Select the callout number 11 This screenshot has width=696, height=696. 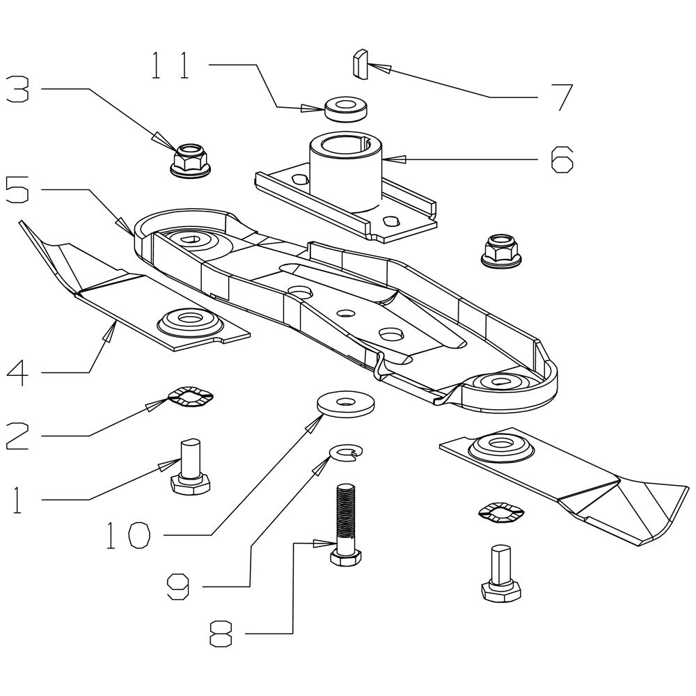(x=171, y=65)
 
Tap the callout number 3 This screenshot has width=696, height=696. (x=17, y=89)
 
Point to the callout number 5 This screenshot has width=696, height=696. (x=17, y=189)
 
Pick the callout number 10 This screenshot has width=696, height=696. (x=129, y=535)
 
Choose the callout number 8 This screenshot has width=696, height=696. (x=221, y=633)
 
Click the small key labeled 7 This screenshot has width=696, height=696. (x=361, y=64)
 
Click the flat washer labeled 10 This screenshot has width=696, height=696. (x=345, y=404)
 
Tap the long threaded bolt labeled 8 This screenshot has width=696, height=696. (x=346, y=525)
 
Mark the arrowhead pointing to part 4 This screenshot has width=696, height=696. (x=109, y=332)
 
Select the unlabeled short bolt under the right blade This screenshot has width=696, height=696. (x=501, y=573)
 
